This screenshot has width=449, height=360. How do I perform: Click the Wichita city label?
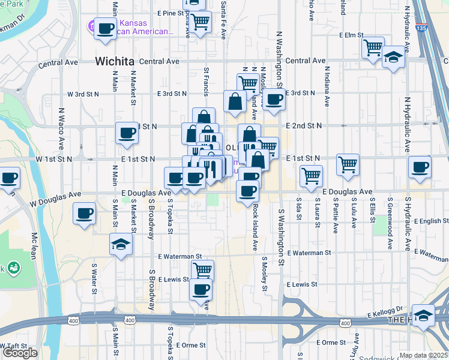(114, 61)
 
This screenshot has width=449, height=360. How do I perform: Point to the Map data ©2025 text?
(423, 355)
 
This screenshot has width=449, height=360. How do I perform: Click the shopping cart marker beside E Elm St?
(373, 46)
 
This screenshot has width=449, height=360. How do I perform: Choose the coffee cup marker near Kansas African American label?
(106, 28)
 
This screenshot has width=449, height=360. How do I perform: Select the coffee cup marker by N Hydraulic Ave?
(420, 167)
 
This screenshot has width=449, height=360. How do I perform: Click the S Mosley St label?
(264, 274)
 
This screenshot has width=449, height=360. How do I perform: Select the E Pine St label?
(169, 13)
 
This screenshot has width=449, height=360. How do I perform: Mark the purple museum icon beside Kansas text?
(91, 26)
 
